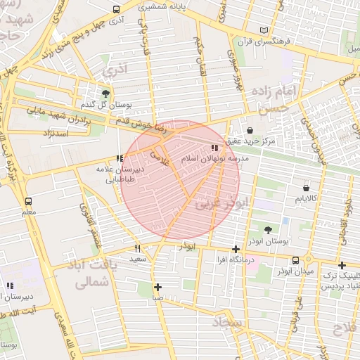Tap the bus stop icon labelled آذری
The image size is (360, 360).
pos(116,10)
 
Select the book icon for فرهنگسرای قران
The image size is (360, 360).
pos(264,30)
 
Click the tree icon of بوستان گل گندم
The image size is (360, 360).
pos(105,93)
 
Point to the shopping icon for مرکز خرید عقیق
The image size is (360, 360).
pos(250,129)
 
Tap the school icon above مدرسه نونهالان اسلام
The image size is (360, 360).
pos(214,148)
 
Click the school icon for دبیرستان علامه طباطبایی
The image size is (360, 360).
pos(120,158)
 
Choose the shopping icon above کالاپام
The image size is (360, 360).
pos(306,188)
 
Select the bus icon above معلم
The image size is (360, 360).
pos(28,200)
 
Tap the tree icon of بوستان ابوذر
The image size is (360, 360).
pos(269,229)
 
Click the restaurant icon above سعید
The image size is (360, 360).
pos(137,247)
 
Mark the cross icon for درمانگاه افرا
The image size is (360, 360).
pos(236,249)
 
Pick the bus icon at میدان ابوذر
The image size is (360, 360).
pos(295,259)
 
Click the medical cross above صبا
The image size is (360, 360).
pos(157,287)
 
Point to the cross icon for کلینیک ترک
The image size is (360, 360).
pos(342,265)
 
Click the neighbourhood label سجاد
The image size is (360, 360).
pos(245,324)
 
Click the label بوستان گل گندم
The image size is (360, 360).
pos(105,105)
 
